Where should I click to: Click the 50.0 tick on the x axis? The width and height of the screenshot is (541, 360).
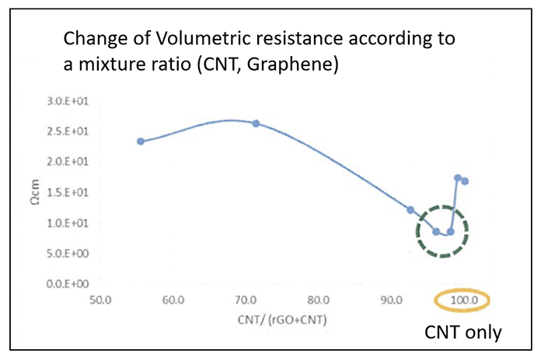99,299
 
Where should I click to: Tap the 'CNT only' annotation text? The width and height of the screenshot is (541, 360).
463,332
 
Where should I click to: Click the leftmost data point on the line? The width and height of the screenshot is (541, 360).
141,141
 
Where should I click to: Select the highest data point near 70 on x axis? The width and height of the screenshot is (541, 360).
256,124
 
